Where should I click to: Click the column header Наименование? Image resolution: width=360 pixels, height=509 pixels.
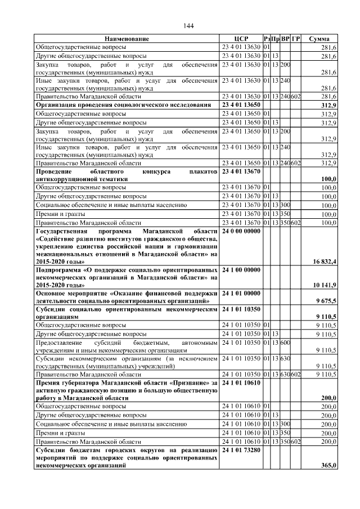tap(127, 39)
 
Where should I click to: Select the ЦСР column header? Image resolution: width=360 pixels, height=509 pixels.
tap(241, 39)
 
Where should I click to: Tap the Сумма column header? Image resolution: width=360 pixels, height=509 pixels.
tap(319, 39)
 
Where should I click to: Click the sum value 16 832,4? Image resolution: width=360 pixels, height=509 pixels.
tap(324, 262)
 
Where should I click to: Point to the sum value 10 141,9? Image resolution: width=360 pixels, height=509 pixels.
tap(324, 285)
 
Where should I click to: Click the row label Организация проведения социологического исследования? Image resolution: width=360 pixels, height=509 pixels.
tap(124, 105)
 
